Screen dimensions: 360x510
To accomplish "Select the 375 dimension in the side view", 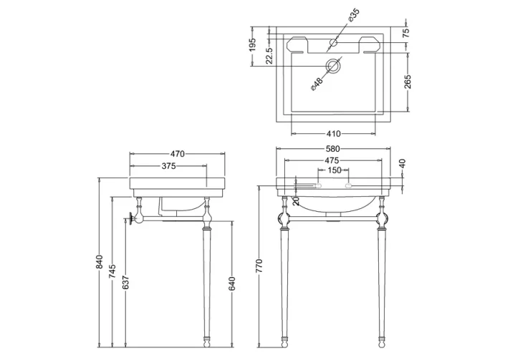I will tap(168, 165).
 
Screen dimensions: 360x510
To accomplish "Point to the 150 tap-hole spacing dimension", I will tap(335, 170).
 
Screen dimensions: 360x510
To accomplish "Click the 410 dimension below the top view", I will tap(334, 133).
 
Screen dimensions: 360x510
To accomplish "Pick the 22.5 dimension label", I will tap(269, 55).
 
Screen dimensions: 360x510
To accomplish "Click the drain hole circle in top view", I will tap(333, 67).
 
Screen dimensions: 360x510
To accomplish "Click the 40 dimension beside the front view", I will tap(403, 164).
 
